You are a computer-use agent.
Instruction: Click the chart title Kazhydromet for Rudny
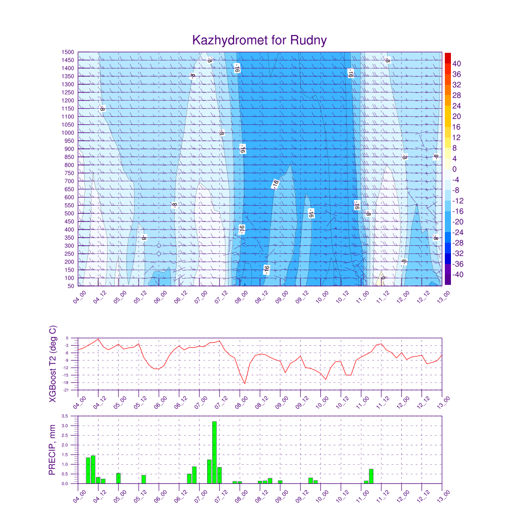(259, 40)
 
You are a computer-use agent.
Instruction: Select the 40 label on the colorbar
(457, 63)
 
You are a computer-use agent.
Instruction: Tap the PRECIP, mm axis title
(52, 450)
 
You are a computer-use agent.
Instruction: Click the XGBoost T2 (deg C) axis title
(52, 364)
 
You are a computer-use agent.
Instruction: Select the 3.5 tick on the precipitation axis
(65, 416)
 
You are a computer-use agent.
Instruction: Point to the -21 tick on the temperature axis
(67, 390)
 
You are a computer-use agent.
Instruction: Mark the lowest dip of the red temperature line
(245, 383)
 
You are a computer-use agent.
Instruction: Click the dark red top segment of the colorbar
(447, 57)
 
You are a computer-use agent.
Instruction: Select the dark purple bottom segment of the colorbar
(447, 280)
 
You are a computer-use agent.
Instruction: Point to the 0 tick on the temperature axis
(68, 338)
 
